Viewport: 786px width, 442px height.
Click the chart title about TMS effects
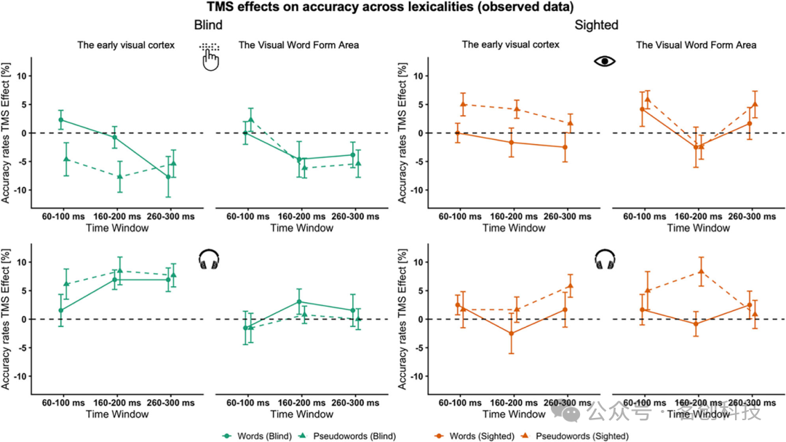tap(393, 7)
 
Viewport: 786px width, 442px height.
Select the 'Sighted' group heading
tap(596, 25)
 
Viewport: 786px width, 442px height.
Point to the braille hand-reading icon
tap(210, 57)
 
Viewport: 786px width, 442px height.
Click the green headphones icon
tap(210, 259)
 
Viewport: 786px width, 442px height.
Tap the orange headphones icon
tap(605, 259)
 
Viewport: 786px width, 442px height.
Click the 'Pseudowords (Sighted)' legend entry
tap(581, 435)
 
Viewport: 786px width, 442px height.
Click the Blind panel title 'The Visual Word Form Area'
tap(298, 45)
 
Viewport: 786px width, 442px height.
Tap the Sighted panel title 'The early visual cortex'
tap(510, 45)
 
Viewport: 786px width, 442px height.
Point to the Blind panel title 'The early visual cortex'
tap(126, 45)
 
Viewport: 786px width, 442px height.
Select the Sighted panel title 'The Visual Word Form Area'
tap(696, 45)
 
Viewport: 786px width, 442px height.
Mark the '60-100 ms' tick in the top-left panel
tap(68, 217)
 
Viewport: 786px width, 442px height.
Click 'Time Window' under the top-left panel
tap(117, 228)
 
